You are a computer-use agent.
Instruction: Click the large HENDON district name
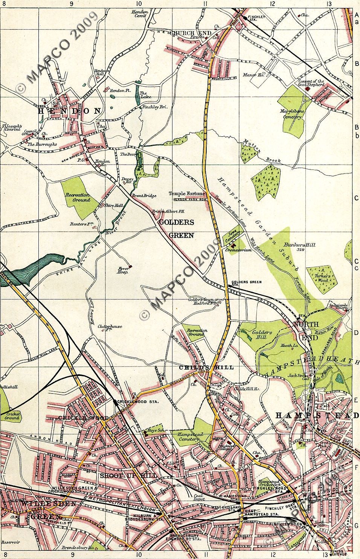(x=70, y=111)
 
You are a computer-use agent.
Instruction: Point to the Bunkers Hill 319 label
(x=300, y=247)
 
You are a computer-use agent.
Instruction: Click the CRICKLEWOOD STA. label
(x=138, y=402)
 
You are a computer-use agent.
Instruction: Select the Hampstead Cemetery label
(x=190, y=437)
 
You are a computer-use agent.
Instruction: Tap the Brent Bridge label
(x=141, y=196)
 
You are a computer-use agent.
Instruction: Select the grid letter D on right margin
(x=356, y=333)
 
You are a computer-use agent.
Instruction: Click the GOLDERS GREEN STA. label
(x=247, y=283)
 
